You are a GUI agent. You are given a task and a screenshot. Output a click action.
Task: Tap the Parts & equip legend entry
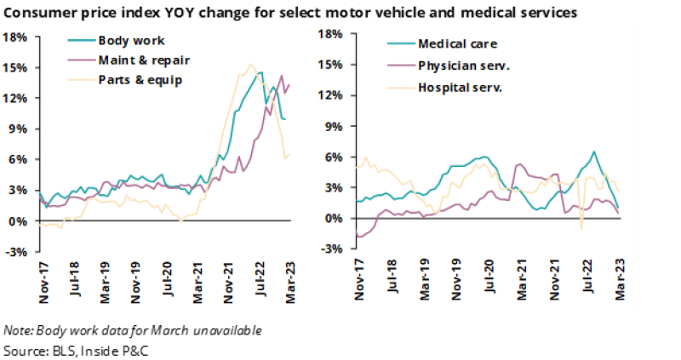coord(140,80)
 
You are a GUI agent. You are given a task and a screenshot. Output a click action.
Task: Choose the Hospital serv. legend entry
coord(461,87)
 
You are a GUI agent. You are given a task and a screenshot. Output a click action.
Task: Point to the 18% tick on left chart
coord(16,37)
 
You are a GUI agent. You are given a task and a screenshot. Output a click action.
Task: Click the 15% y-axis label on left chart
coord(16,68)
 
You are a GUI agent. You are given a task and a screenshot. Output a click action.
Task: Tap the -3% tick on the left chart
coord(16,252)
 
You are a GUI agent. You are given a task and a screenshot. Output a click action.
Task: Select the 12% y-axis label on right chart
coord(332,95)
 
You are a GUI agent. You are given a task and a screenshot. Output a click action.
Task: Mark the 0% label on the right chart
coord(335,219)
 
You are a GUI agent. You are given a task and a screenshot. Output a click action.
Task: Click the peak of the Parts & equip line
coord(250,64)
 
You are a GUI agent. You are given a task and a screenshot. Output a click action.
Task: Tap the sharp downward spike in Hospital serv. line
coord(581,228)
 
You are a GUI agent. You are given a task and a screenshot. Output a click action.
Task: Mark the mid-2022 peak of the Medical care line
coord(593,152)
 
